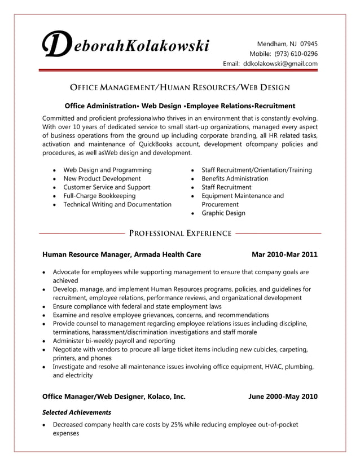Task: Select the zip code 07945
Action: pos(309,43)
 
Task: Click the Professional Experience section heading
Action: pos(180,233)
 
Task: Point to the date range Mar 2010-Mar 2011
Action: pos(284,254)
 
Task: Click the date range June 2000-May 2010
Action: pos(283,397)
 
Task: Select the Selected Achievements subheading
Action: pos(77,412)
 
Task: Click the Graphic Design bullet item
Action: pos(223,213)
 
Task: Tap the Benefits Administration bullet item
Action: pos(235,178)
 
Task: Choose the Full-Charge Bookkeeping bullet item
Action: pos(99,196)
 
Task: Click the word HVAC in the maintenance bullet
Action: pos(276,367)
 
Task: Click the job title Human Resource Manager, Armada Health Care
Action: pos(121,254)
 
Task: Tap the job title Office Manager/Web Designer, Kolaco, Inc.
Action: pos(113,397)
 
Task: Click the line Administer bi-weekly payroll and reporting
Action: pos(113,341)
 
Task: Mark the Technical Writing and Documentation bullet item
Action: pos(117,204)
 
